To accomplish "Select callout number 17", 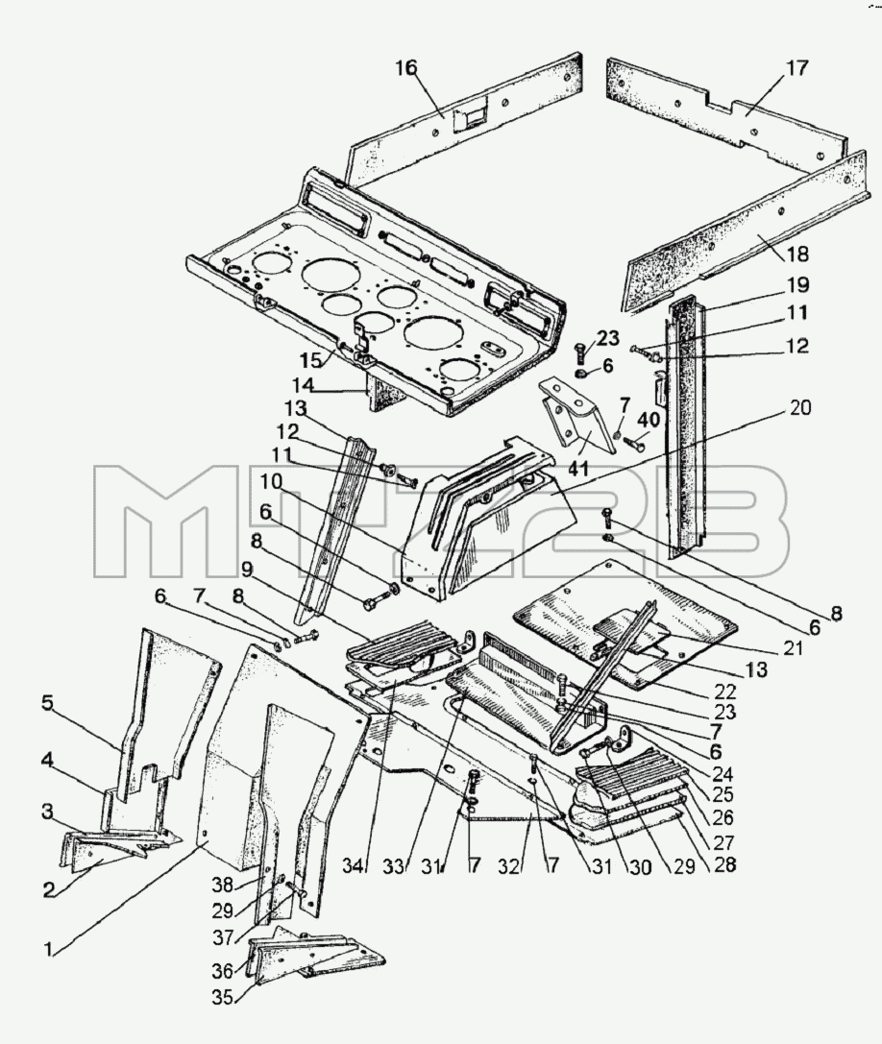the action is [x=796, y=68].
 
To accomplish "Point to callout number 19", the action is [x=796, y=285].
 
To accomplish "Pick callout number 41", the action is [x=577, y=468].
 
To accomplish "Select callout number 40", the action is [x=649, y=421].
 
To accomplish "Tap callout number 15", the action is [x=309, y=359].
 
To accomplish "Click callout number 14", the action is [x=303, y=385].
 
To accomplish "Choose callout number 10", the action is [x=271, y=481].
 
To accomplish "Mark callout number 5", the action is [x=47, y=704].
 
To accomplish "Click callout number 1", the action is [x=48, y=949].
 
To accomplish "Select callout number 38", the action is [x=224, y=885].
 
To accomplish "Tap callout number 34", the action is [x=355, y=866].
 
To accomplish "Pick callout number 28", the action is [x=724, y=864].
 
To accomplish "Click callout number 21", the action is [x=793, y=647].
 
